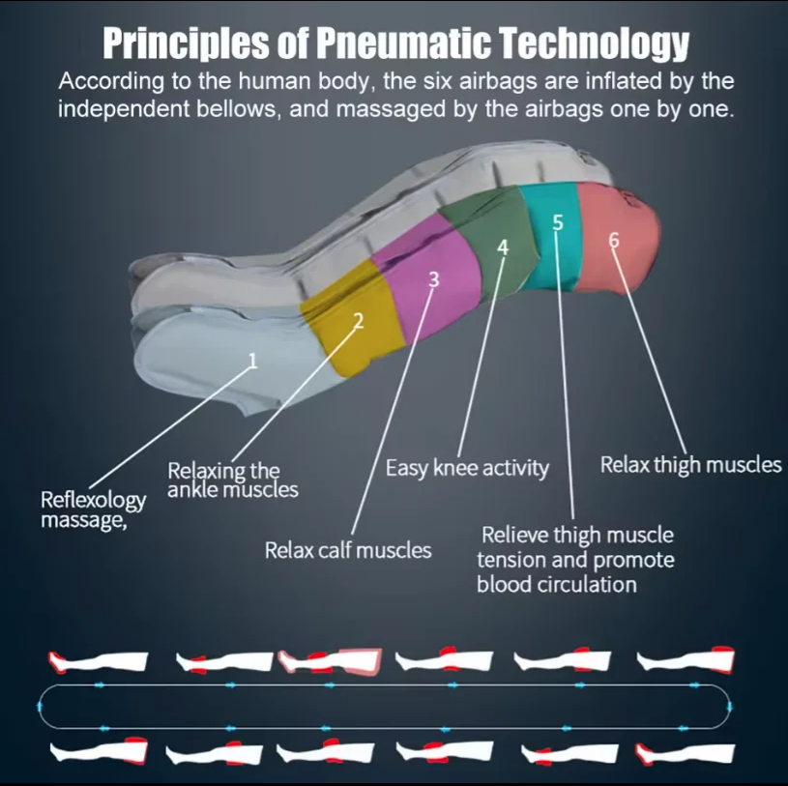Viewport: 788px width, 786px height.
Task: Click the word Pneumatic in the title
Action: (404, 44)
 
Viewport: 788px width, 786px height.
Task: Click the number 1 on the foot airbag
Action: (252, 361)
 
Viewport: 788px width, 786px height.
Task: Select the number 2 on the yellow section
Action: (358, 321)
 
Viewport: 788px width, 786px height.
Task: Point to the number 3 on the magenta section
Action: (434, 279)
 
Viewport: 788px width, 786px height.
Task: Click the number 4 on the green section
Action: (503, 247)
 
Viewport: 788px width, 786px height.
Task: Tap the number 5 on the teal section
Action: (558, 222)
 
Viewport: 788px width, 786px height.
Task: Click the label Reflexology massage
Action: (93, 509)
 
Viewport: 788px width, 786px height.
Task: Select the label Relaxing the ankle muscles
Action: (233, 480)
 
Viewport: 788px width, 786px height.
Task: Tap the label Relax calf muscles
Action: (348, 550)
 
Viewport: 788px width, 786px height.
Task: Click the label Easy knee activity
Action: (467, 468)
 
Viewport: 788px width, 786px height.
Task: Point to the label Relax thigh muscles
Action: (690, 465)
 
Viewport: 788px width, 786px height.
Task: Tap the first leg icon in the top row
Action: (98, 661)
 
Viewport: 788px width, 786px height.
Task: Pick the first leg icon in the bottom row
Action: (99, 751)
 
